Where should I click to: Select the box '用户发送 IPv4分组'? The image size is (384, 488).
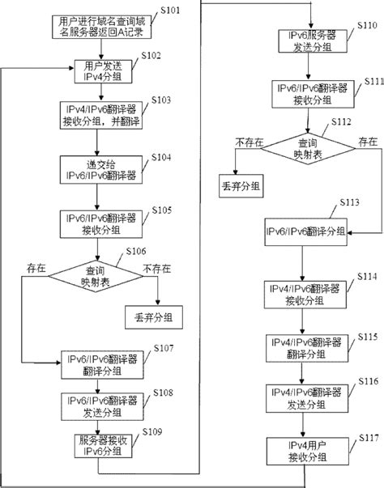(96, 70)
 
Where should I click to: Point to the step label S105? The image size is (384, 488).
(160, 210)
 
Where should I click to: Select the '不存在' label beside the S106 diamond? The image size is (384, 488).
(154, 265)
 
